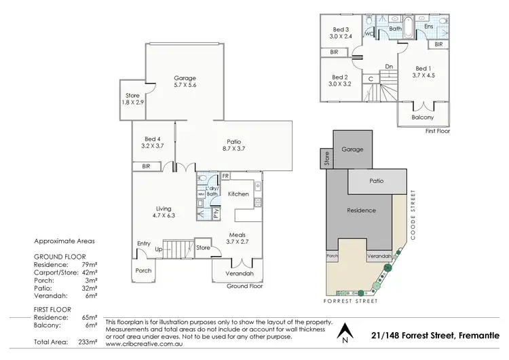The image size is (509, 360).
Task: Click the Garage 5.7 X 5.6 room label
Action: pos(185,82)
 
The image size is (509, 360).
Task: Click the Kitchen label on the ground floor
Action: pos(238,194)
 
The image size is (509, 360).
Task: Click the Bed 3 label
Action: pos(340,24)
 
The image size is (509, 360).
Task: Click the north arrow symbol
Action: pos(346,331)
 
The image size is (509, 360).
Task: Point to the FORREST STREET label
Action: pos(350,301)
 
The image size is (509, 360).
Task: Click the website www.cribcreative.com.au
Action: pos(141,344)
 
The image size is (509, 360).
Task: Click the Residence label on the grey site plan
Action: pos(361,211)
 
